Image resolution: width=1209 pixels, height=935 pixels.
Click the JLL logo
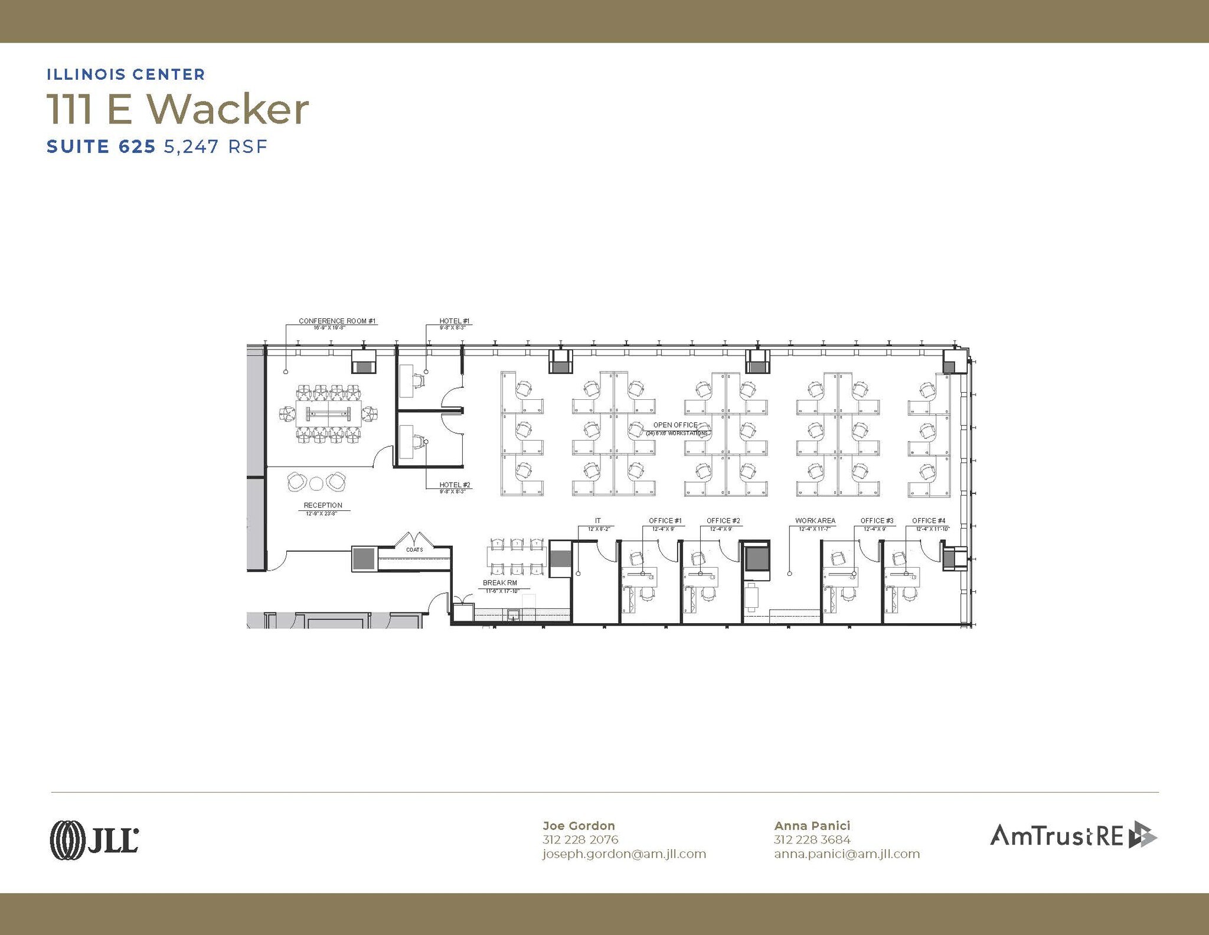coord(94,839)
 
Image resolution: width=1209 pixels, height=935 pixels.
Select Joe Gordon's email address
coord(624,854)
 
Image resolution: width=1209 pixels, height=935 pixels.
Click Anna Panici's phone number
coord(812,839)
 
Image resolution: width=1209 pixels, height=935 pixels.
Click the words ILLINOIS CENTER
coord(126,74)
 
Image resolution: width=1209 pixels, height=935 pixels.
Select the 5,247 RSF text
coord(215,146)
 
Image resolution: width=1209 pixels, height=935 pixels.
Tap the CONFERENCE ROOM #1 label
coord(337,321)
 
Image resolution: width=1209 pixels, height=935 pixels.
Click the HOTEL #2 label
coord(455,485)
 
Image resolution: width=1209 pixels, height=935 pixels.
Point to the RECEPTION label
coord(323,505)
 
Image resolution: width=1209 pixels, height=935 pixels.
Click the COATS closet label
coord(414,550)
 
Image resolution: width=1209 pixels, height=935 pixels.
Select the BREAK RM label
coord(500,583)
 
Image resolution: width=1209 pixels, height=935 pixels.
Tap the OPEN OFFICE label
coord(675,425)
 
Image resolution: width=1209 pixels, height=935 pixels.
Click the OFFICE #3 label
coord(877,520)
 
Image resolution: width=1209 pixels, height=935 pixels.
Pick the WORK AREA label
coord(815,520)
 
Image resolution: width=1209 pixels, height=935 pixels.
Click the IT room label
coord(598,520)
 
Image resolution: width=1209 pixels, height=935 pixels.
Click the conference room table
coord(328,413)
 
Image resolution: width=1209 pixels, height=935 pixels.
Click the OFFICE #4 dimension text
coord(932,529)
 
